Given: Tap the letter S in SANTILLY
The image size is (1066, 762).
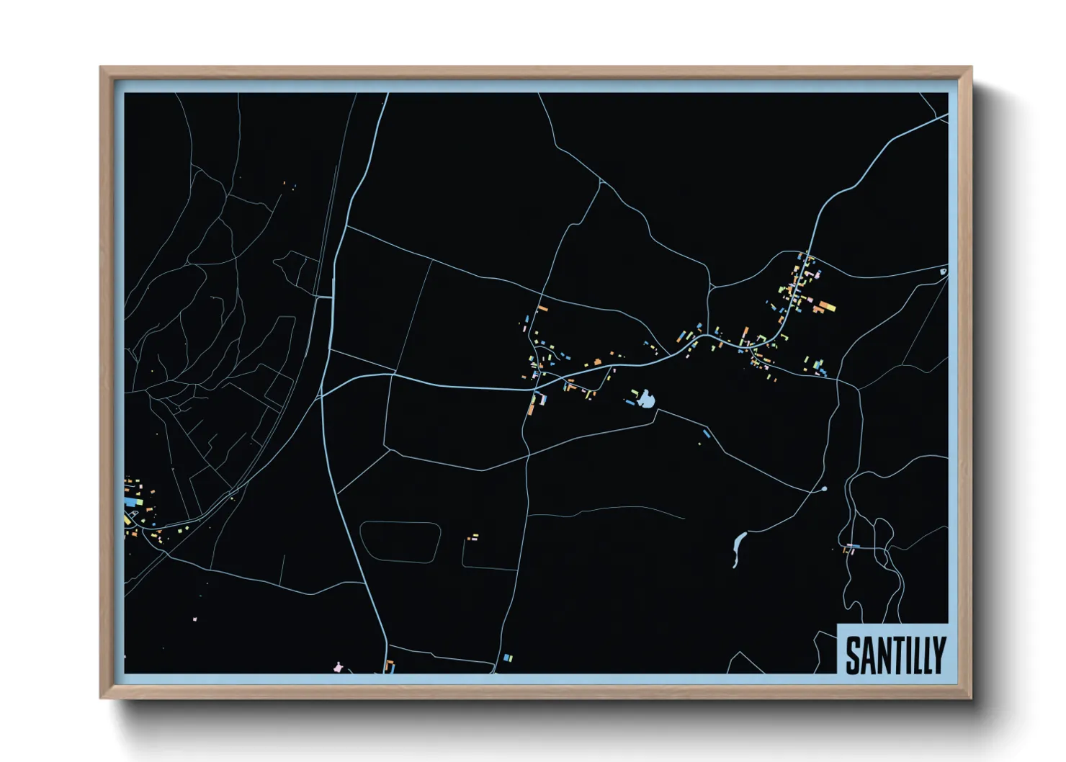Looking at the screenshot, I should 853,655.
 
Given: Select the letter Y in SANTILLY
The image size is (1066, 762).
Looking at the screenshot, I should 937,655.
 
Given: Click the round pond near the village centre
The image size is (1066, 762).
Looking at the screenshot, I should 646,399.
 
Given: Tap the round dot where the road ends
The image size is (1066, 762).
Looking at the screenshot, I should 824,489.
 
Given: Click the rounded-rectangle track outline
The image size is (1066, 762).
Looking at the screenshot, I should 400,542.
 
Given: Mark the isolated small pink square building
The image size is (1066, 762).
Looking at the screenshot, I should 194,619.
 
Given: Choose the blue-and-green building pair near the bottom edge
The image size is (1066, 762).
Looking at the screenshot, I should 508,658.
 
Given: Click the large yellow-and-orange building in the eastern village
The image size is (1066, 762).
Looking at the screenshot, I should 824,308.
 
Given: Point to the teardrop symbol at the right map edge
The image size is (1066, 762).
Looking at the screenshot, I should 943,272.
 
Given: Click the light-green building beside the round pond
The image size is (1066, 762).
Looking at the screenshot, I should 635,393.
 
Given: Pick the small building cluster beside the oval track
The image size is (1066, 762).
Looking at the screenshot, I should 472,537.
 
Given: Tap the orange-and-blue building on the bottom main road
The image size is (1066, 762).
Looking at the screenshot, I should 390,665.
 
